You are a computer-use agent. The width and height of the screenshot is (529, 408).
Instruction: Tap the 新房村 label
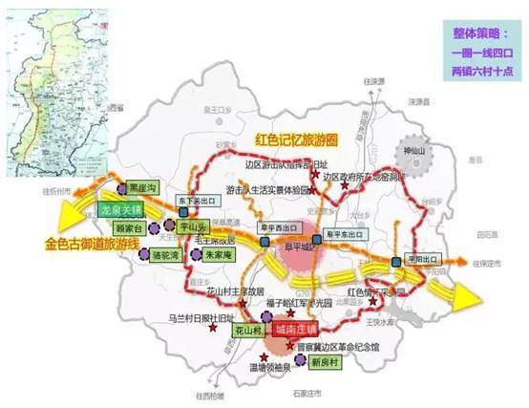click(328, 362)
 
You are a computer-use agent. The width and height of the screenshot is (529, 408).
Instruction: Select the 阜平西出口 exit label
click(282, 229)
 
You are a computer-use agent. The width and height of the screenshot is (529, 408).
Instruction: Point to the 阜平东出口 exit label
click(346, 229)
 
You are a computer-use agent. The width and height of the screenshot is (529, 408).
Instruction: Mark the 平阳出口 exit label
click(419, 259)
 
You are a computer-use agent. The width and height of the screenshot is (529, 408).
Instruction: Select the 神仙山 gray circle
click(417, 156)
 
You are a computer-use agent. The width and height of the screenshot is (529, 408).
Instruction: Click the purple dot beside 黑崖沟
click(122, 189)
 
